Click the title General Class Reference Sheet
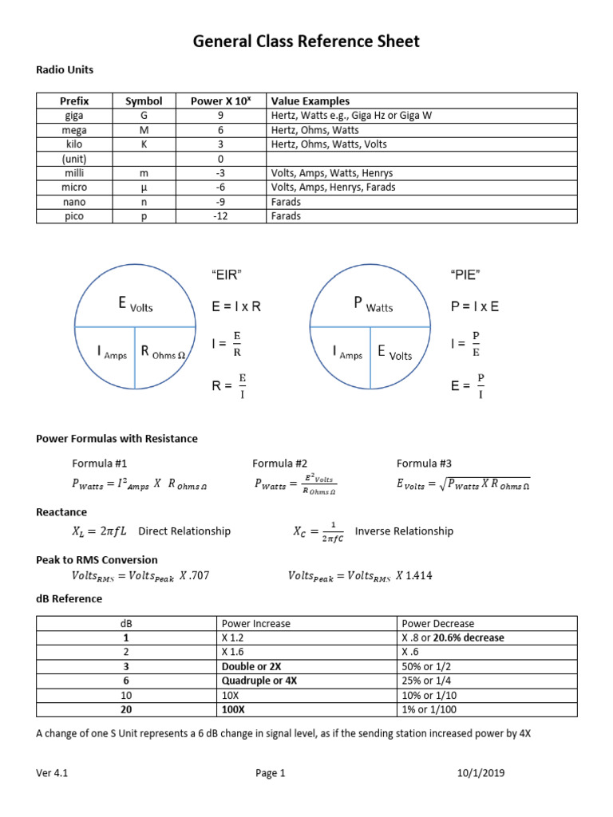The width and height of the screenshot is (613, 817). pyautogui.click(x=306, y=41)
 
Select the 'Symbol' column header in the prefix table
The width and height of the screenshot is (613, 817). pyautogui.click(x=144, y=101)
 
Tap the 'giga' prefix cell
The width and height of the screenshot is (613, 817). pyautogui.click(x=74, y=116)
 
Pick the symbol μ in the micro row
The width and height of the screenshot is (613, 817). pyautogui.click(x=144, y=187)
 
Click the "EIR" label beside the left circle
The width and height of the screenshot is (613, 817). pyautogui.click(x=227, y=275)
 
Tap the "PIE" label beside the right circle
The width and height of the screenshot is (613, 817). pyautogui.click(x=465, y=275)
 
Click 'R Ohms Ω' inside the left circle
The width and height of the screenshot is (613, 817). pyautogui.click(x=164, y=352)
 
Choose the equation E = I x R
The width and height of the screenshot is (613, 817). pyautogui.click(x=236, y=306)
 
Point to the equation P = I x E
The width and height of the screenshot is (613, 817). pyautogui.click(x=475, y=306)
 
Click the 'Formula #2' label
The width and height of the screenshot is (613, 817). pyautogui.click(x=279, y=464)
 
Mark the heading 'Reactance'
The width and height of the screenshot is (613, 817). pyautogui.click(x=61, y=512)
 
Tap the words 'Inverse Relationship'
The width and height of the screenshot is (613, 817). pyautogui.click(x=404, y=531)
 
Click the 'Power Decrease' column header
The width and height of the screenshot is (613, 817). pyautogui.click(x=438, y=623)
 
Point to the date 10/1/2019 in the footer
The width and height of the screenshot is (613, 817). pyautogui.click(x=481, y=773)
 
